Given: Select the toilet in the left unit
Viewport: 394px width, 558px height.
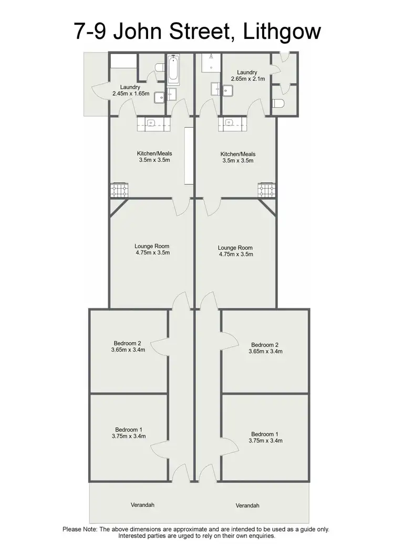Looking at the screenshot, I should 159,67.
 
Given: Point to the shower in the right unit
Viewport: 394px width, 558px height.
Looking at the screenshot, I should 211,63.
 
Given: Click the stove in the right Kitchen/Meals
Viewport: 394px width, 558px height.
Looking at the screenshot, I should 266,190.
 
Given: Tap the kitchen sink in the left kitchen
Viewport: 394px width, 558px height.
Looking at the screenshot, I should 151,123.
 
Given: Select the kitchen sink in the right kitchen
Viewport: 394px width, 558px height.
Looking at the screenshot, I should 229,123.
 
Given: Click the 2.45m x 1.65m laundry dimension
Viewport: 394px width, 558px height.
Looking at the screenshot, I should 131,94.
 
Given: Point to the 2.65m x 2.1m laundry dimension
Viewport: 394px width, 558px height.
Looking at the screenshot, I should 247,79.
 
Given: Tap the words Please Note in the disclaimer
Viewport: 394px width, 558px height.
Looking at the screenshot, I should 80,529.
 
